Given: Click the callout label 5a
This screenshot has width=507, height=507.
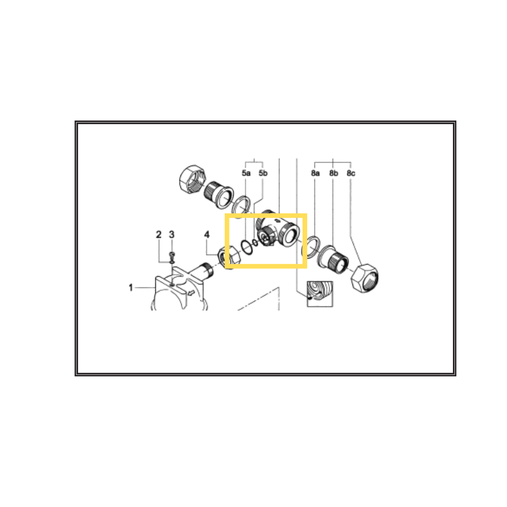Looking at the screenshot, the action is click(x=246, y=173).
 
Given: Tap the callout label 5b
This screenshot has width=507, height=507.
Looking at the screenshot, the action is click(x=263, y=173).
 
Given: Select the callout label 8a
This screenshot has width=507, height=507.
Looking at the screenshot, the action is click(x=315, y=173).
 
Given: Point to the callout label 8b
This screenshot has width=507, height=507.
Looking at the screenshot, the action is click(x=333, y=173).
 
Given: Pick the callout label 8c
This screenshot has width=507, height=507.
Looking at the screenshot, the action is click(x=351, y=173).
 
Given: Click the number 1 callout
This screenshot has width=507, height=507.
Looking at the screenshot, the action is click(x=131, y=288).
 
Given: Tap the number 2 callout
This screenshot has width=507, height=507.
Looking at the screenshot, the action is click(x=158, y=234).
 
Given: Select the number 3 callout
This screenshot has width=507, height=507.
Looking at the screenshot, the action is click(x=172, y=234).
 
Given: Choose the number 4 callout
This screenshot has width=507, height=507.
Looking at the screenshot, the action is click(x=207, y=234).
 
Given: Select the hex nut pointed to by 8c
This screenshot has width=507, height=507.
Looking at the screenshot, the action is click(x=365, y=278).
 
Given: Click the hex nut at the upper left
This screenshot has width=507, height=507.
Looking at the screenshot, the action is click(x=192, y=180).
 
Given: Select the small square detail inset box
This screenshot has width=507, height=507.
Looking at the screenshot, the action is click(x=320, y=294).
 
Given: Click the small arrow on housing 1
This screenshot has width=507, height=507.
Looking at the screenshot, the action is click(x=191, y=292).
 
